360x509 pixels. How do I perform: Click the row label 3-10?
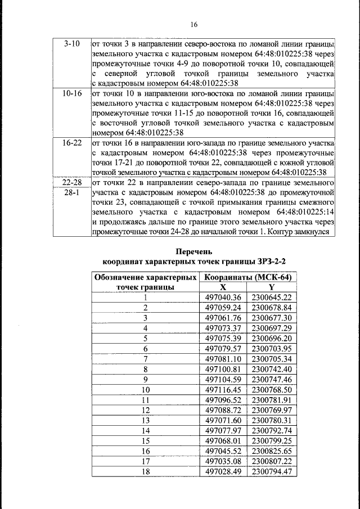click(x=72, y=43)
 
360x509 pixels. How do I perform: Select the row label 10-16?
click(x=72, y=92)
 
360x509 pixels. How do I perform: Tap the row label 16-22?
click(x=72, y=143)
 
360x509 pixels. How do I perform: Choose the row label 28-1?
click(x=72, y=192)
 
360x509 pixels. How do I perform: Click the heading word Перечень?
click(x=194, y=252)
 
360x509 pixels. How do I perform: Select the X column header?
click(x=223, y=287)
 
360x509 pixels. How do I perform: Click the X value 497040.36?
click(x=223, y=297)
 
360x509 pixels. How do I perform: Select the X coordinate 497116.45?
click(x=223, y=389)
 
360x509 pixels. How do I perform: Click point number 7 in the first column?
click(x=145, y=358)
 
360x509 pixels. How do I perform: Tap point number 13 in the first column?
click(x=145, y=420)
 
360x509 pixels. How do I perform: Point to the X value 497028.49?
click(x=223, y=471)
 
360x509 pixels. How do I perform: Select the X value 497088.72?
click(x=223, y=410)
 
